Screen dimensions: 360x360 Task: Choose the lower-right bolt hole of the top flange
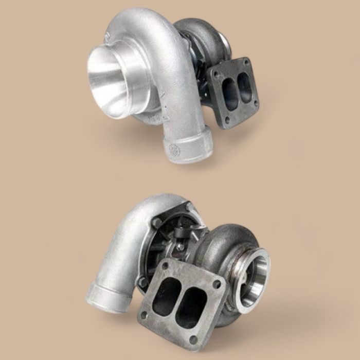click(x=255, y=109)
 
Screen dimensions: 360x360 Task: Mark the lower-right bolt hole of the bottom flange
click(x=193, y=338)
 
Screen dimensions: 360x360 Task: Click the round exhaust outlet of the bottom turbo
click(x=255, y=278)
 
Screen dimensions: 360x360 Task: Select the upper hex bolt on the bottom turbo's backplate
click(x=156, y=222)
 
